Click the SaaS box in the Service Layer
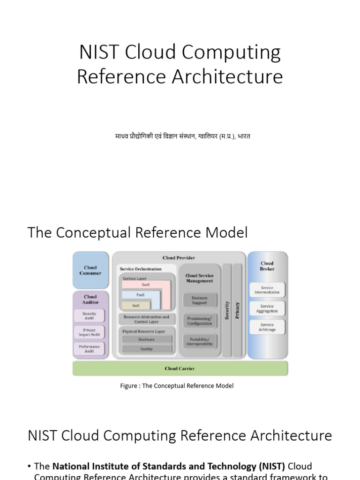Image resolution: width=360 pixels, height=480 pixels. point(146,285)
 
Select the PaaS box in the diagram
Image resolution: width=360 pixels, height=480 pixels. point(141,295)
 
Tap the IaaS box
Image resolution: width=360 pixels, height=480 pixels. point(135,305)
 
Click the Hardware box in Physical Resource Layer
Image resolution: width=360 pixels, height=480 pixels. point(146,339)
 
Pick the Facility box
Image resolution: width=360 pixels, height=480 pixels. point(146,349)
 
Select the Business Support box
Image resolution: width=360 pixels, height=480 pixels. point(199,300)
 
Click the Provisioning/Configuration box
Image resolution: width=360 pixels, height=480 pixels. point(199,321)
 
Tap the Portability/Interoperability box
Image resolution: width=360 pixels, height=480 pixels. point(199,341)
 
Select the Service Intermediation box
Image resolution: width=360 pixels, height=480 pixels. point(267,290)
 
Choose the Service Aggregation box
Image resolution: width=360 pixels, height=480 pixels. point(267,308)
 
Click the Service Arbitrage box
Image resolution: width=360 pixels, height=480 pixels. point(267,327)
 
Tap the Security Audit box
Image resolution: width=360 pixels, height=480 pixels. point(89,315)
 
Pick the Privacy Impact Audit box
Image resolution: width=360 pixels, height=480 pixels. point(89,332)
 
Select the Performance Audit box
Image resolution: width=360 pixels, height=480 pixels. point(89,349)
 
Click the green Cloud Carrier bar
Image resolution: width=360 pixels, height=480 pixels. point(180,368)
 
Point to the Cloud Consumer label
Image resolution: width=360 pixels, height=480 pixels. point(90,270)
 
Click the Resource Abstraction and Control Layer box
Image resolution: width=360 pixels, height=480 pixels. point(146,319)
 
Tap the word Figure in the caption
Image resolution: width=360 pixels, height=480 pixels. point(130,386)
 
